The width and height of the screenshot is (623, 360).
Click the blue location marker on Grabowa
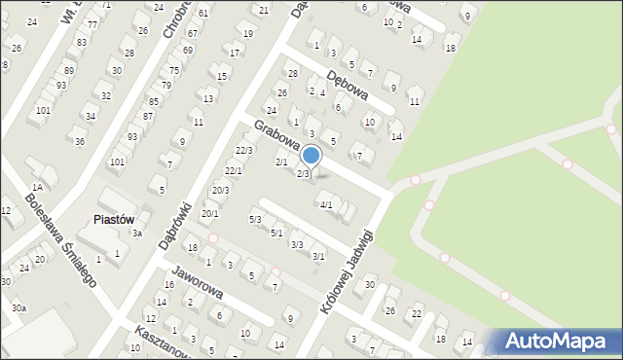pos(311,155)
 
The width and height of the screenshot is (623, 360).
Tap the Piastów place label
pos(113,220)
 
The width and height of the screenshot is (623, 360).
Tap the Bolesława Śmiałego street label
pos(60,237)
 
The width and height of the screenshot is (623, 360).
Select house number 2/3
pos(303,174)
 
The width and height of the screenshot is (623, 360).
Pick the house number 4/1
pos(326,204)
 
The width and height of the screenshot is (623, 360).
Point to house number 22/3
pos(244,150)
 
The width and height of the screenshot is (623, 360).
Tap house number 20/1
pos(209,213)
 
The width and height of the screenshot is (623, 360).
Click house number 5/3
pos(255,220)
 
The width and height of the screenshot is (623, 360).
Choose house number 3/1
pos(318,256)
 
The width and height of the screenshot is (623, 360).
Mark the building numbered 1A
pos(37,187)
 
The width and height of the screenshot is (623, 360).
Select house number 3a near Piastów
pos(138,234)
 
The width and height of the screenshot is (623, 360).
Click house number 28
pos(292,74)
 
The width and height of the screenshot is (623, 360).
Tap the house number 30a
pos(19,307)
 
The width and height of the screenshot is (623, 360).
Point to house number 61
pos(203,14)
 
